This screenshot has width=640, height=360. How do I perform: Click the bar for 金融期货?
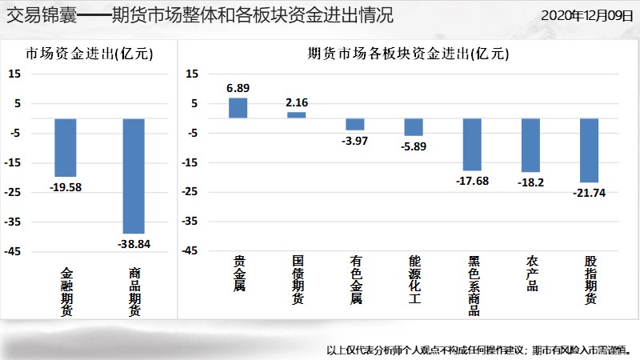(x=66, y=147)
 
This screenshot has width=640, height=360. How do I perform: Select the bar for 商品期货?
(x=134, y=175)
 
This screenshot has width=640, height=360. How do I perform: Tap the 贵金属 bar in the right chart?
(x=238, y=108)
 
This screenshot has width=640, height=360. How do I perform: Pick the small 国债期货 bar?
(x=296, y=115)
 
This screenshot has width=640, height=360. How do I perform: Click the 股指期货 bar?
(x=589, y=150)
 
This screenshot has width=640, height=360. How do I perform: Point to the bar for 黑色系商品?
(x=473, y=145)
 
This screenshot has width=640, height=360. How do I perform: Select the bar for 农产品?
(x=531, y=146)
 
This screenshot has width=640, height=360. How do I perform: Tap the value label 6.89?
(x=238, y=88)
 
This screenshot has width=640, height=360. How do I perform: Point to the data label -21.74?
(x=589, y=193)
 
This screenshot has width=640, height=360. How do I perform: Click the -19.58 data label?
(x=66, y=187)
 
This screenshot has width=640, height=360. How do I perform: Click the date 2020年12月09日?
(x=586, y=15)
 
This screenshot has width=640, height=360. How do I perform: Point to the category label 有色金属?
(x=355, y=279)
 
